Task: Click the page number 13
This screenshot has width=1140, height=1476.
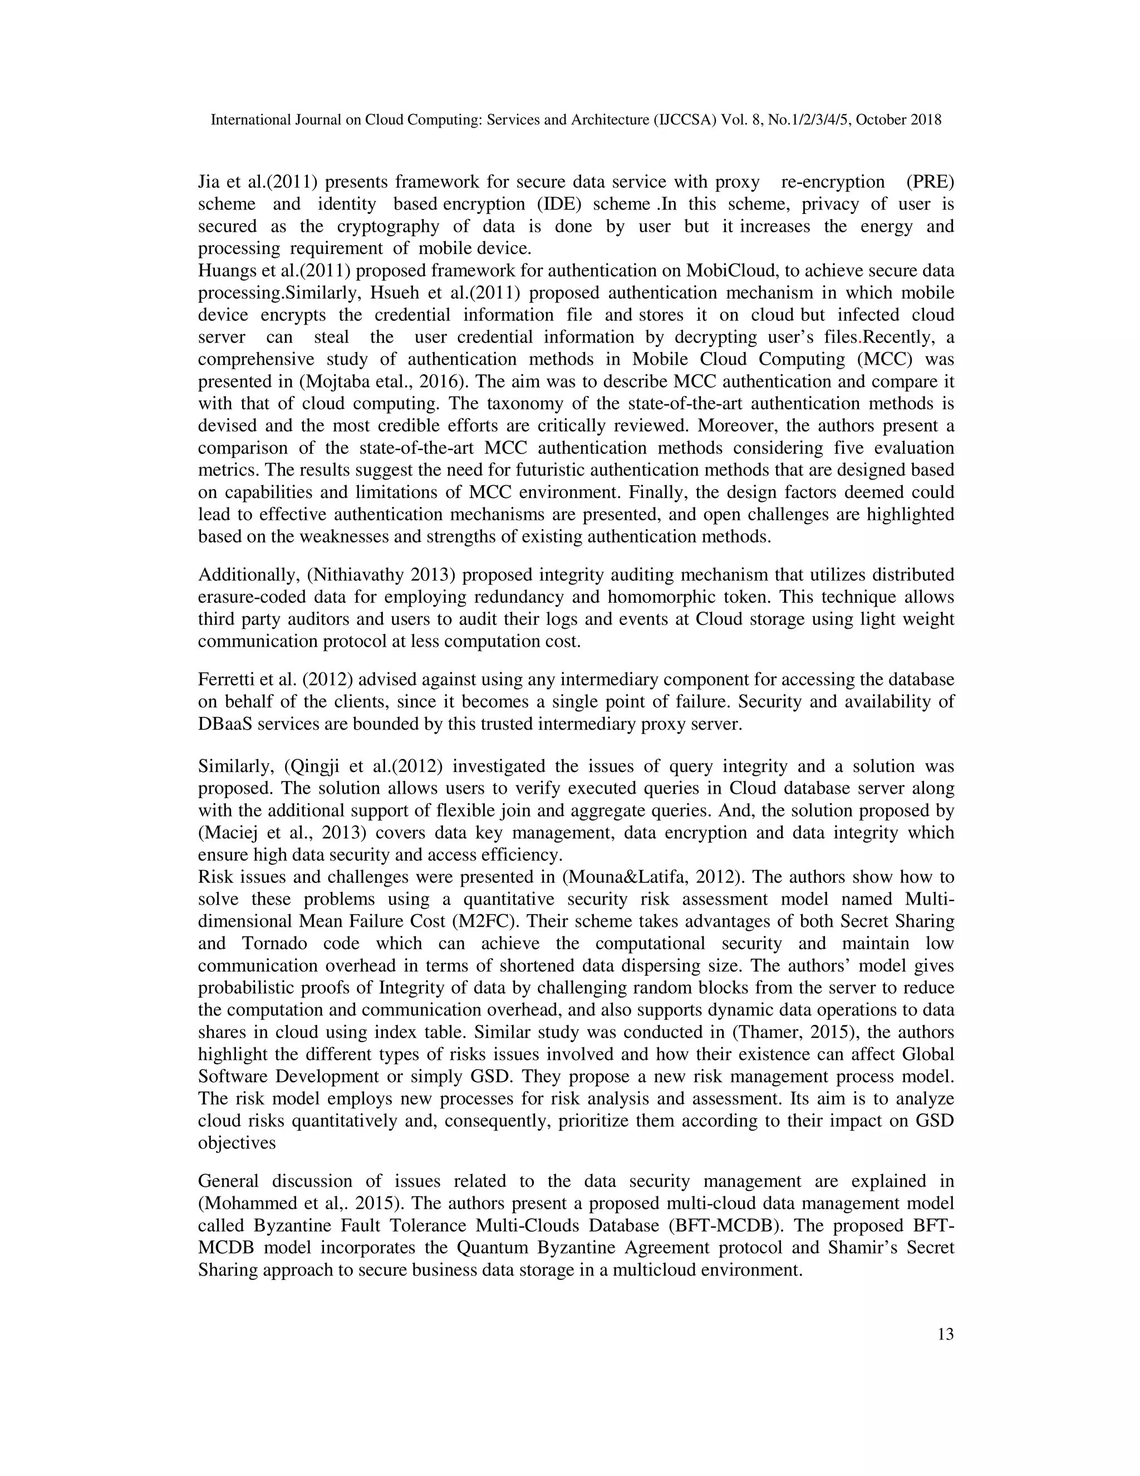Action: click(x=946, y=1334)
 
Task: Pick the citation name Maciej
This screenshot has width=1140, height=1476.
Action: click(x=232, y=833)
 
